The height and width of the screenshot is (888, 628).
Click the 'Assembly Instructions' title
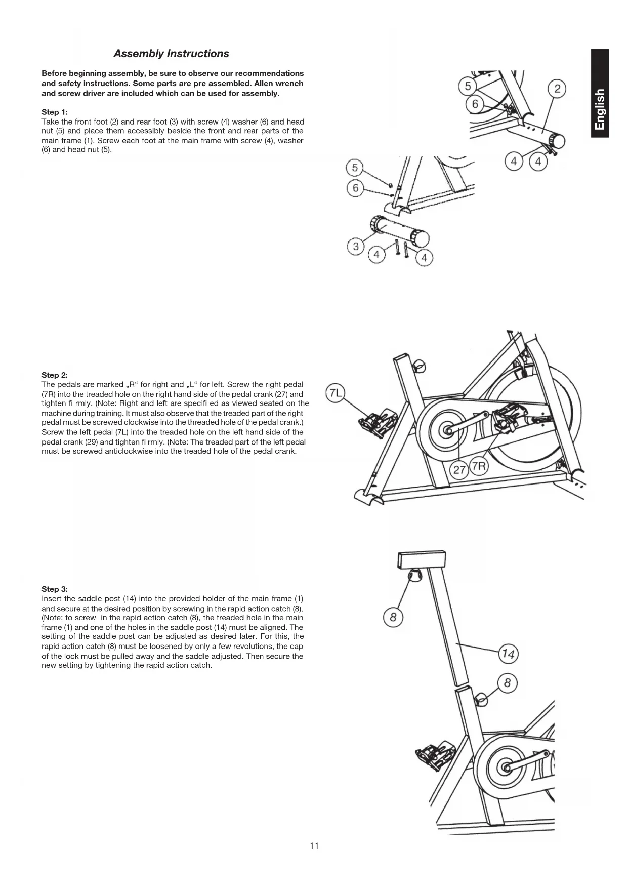click(171, 54)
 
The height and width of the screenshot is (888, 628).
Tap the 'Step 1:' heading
click(55, 112)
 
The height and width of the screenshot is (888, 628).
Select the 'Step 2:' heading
click(55, 375)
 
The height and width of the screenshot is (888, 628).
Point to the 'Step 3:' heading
click(55, 589)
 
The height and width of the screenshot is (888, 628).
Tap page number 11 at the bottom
click(314, 846)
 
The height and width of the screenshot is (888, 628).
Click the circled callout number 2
click(557, 89)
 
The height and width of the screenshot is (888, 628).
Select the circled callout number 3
click(356, 247)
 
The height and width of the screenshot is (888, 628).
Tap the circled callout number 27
click(459, 470)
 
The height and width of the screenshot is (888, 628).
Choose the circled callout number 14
click(508, 655)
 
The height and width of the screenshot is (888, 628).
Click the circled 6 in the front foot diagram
click(475, 104)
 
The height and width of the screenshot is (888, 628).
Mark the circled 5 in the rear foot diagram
click(355, 167)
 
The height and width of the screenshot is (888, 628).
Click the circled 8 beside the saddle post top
click(393, 617)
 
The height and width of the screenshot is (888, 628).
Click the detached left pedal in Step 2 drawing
click(378, 423)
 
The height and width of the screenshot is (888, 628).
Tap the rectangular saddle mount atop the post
click(422, 559)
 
